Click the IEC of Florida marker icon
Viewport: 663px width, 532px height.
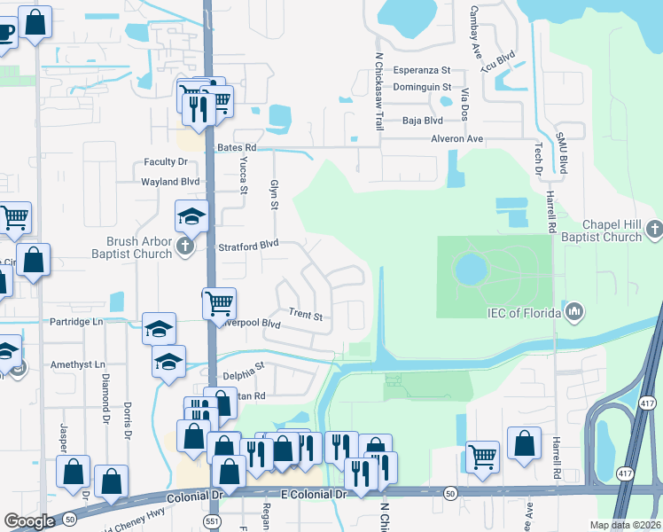coord(574,311)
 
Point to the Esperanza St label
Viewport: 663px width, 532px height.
coord(422,69)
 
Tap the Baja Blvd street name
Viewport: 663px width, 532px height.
coord(422,121)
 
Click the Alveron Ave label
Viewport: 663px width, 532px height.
coord(457,139)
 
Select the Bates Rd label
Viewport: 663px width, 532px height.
coord(236,147)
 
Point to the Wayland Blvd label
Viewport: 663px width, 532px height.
coord(170,182)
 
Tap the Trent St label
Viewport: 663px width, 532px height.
coord(305,315)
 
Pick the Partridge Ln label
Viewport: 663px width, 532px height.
coord(71,321)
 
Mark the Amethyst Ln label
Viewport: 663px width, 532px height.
coord(76,364)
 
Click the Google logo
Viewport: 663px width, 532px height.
coord(29,521)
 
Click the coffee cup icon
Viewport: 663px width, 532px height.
coord(4,35)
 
